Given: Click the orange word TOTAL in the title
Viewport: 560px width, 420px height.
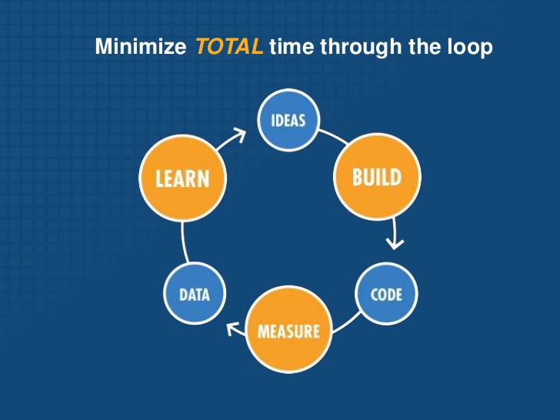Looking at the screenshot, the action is tap(230, 46).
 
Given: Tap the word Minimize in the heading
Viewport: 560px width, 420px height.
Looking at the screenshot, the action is tap(140, 46).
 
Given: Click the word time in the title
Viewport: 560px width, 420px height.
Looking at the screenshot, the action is tap(292, 46).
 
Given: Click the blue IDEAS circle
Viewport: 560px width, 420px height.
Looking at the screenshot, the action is tap(288, 120).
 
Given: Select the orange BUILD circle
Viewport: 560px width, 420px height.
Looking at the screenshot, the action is tap(377, 177).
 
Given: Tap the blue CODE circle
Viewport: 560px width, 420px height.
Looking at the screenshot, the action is tap(386, 294).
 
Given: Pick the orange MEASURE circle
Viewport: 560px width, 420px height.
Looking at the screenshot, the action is tap(288, 329).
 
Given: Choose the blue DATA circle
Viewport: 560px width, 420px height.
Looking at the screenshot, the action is tap(195, 294).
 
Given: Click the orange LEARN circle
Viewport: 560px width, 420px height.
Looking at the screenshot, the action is tap(182, 178).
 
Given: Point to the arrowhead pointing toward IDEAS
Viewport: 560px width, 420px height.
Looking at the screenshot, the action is tap(240, 135).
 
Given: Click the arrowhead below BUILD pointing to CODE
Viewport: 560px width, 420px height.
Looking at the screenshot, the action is tap(395, 244).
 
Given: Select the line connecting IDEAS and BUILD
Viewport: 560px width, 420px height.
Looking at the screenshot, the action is tap(333, 136).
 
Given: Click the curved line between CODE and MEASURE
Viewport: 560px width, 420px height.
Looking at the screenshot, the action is tap(347, 323).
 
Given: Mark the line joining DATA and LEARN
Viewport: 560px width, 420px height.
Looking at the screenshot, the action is tap(184, 243).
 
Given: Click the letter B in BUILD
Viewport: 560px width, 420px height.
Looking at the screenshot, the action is tap(358, 177).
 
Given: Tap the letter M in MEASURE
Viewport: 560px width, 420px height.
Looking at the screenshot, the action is tap(264, 332).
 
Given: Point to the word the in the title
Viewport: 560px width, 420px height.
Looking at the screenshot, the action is tap(425, 46).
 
